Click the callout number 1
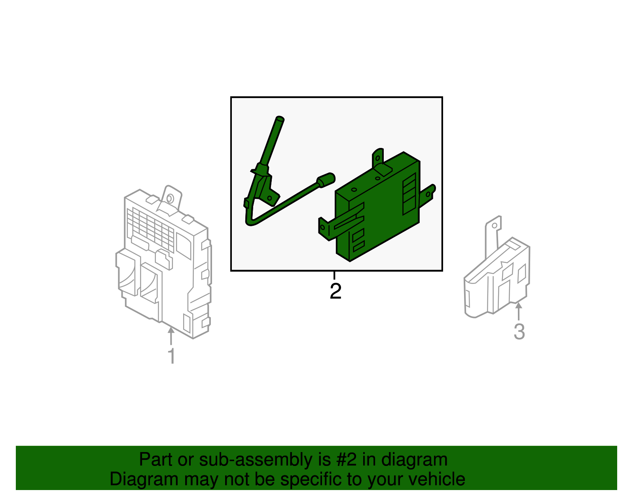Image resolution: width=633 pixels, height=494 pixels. coord(171,356)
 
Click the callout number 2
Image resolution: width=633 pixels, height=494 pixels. coord(335,291)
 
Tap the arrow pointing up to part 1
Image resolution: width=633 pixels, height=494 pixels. coord(171,336)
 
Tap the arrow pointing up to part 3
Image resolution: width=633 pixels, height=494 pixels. coord(519,310)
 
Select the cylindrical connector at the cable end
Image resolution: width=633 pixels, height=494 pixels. coord(326,180)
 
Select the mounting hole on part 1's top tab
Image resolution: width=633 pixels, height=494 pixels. coord(170,198)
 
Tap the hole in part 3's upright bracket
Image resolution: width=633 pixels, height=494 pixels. coord(494,225)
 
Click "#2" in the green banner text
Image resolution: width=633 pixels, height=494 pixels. coord(347,460)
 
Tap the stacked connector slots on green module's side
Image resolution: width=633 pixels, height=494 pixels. coord(409,194)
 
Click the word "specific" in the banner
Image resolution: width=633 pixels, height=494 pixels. coord(312,479)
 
